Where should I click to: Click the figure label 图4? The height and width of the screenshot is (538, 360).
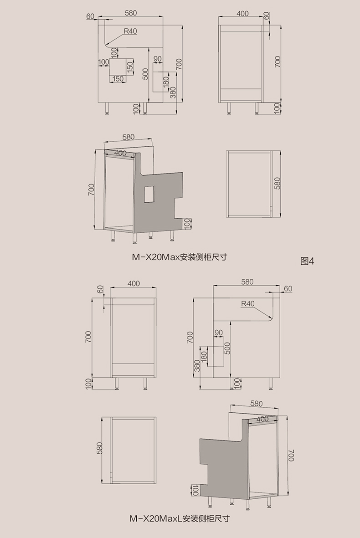[308, 261]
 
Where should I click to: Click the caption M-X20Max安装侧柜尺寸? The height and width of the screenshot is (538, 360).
[180, 256]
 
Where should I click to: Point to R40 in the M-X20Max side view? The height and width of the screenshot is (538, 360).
[130, 31]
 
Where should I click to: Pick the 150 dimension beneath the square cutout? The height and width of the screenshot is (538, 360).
[118, 79]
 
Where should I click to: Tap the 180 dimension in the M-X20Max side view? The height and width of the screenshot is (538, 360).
[165, 82]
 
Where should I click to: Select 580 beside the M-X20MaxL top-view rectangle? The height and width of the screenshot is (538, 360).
[100, 448]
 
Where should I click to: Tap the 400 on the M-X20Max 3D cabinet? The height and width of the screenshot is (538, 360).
[120, 153]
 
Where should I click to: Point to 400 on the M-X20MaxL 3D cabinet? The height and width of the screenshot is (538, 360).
[262, 419]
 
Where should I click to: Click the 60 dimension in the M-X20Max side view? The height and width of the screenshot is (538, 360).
[89, 16]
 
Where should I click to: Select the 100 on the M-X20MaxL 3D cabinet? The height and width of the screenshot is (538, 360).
[195, 490]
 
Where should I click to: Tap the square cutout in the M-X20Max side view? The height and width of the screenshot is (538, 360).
[118, 67]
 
